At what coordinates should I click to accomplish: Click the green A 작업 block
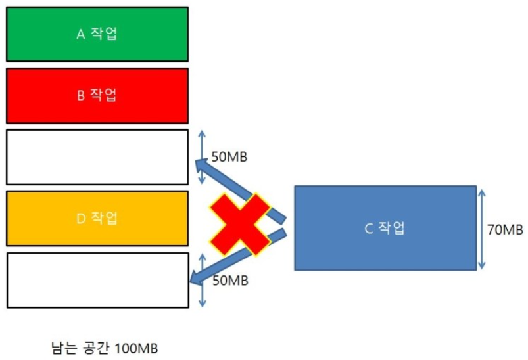click(x=97, y=34)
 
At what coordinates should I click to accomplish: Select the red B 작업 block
click(x=97, y=95)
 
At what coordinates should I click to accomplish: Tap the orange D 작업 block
click(x=97, y=218)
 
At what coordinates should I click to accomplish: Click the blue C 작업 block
click(x=385, y=228)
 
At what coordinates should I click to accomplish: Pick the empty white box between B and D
click(x=97, y=157)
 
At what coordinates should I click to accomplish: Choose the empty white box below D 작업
click(x=97, y=280)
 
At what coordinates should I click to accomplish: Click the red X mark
click(x=239, y=224)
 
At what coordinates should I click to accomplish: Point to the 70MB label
click(x=505, y=229)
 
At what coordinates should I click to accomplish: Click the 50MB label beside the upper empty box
click(x=229, y=157)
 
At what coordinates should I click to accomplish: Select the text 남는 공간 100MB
click(x=105, y=348)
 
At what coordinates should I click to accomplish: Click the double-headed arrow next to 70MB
click(x=483, y=229)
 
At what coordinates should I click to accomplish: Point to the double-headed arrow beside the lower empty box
click(x=202, y=281)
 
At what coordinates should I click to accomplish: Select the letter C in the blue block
click(x=368, y=229)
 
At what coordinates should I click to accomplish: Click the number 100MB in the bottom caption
click(x=135, y=348)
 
